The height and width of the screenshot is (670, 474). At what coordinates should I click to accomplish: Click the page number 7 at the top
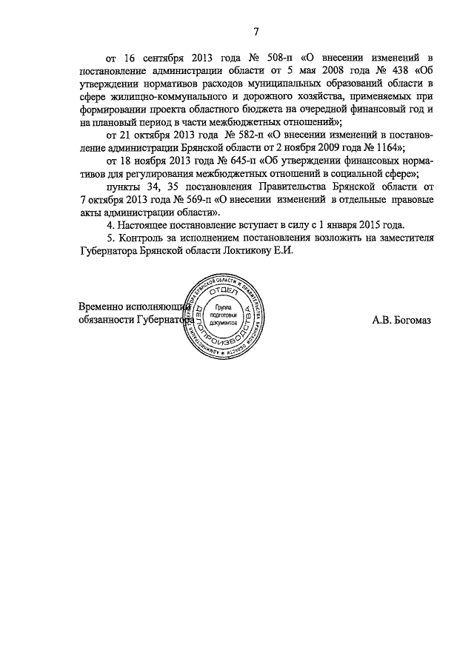[x=256, y=31]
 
